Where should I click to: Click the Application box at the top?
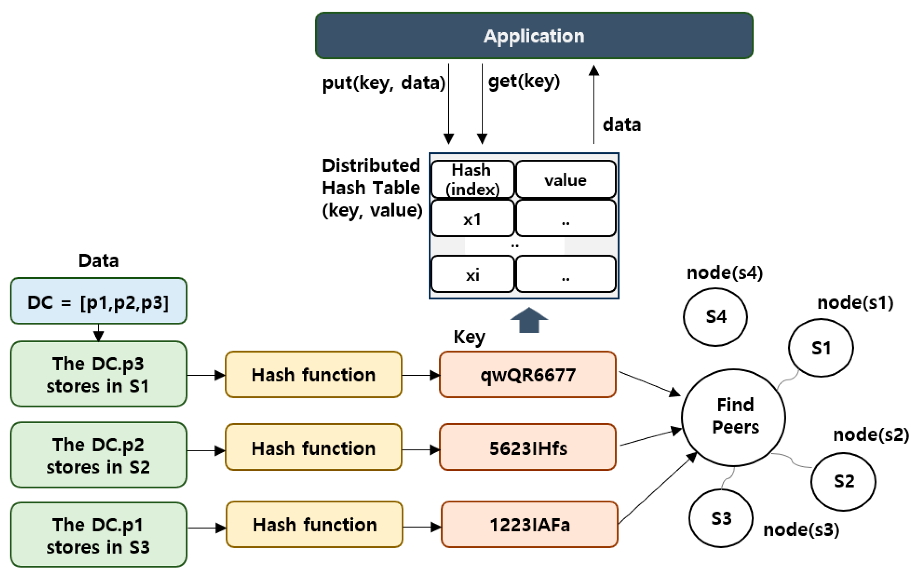point(534,36)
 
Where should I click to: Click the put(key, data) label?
point(383,83)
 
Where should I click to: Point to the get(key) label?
point(524,81)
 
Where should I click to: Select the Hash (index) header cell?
point(472,179)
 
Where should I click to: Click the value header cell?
point(565,179)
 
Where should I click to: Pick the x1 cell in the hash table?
point(472,219)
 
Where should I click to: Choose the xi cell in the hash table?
point(472,274)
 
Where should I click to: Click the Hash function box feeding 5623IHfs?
point(313,448)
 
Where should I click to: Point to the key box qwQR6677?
point(528,375)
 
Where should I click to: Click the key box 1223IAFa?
point(529,525)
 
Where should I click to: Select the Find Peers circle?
point(733,417)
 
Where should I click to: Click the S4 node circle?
point(715,317)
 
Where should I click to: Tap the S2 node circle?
point(843,481)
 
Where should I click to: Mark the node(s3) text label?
point(801,530)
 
